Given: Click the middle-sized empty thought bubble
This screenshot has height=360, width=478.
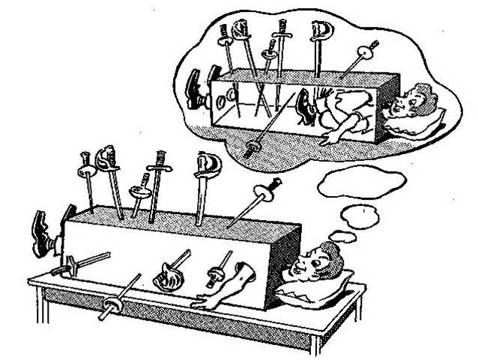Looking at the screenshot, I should coord(359,216).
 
